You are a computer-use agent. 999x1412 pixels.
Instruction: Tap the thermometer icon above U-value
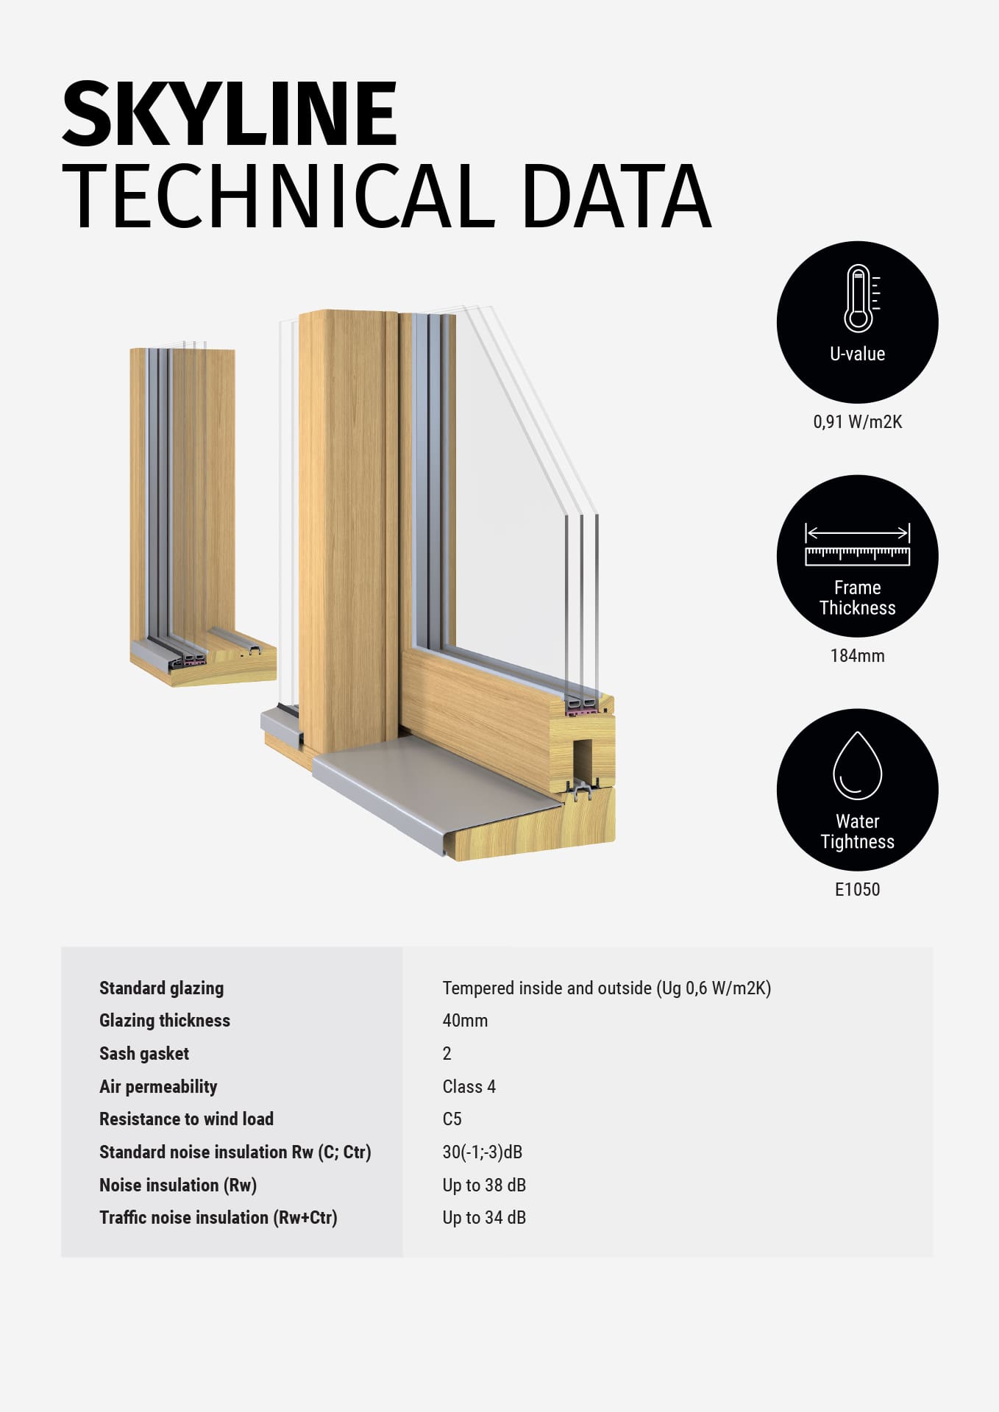(x=858, y=299)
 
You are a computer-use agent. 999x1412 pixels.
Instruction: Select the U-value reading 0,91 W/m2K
(x=857, y=422)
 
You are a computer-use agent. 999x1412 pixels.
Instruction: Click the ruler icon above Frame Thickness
(x=857, y=546)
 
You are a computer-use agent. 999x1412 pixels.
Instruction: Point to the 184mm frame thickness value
(x=857, y=656)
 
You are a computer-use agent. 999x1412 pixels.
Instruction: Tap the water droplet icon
(x=857, y=766)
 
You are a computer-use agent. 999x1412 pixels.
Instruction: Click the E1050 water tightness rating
(x=857, y=890)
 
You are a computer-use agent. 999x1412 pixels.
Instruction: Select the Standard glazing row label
(x=161, y=988)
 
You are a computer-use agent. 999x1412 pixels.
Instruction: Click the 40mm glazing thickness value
(x=465, y=1021)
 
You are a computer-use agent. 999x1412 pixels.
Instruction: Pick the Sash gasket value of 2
(x=447, y=1054)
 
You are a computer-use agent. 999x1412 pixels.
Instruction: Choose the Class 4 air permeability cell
(x=469, y=1087)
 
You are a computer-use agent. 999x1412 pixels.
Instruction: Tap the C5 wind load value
(x=452, y=1119)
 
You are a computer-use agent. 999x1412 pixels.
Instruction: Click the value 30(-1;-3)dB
(x=482, y=1152)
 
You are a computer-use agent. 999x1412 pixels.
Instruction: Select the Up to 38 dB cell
(x=484, y=1185)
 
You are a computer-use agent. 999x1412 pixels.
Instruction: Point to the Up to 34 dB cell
(x=484, y=1218)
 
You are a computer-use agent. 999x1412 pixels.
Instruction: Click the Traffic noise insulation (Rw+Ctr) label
(x=218, y=1218)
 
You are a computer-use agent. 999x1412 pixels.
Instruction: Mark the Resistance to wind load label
(x=186, y=1119)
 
